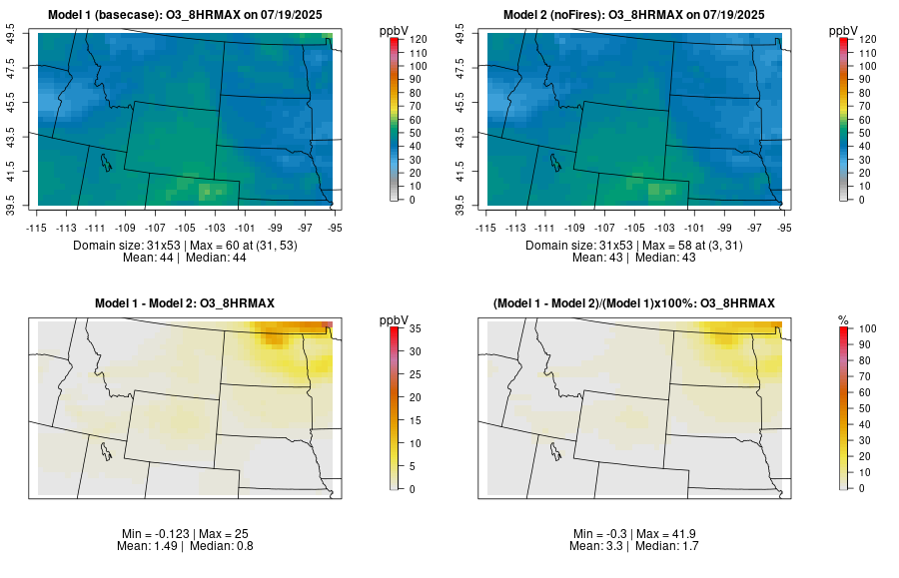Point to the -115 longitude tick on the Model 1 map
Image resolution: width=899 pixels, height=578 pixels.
pos(37,227)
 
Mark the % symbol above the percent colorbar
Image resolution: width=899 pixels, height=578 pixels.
pos(843,318)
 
